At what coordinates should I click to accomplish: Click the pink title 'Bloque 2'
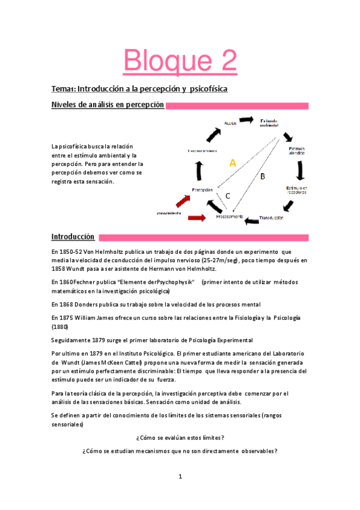(180, 61)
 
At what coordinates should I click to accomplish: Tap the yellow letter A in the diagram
(233, 162)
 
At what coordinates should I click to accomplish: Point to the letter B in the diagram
(262, 176)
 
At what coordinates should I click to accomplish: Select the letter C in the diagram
(228, 195)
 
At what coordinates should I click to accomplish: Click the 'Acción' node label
(230, 123)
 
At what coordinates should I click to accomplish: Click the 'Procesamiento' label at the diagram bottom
(230, 216)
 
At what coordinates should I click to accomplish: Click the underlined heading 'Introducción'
(73, 237)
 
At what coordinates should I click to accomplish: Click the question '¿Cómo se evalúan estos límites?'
(180, 437)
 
